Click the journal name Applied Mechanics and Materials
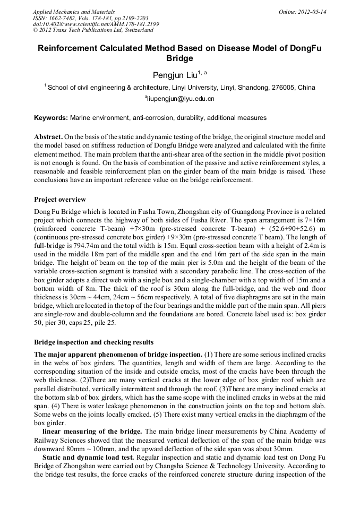74,12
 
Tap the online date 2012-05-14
313,12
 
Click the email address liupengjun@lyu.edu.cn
179,99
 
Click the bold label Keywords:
51,117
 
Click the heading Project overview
59,200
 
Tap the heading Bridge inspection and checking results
93,342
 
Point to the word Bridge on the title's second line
179,58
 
